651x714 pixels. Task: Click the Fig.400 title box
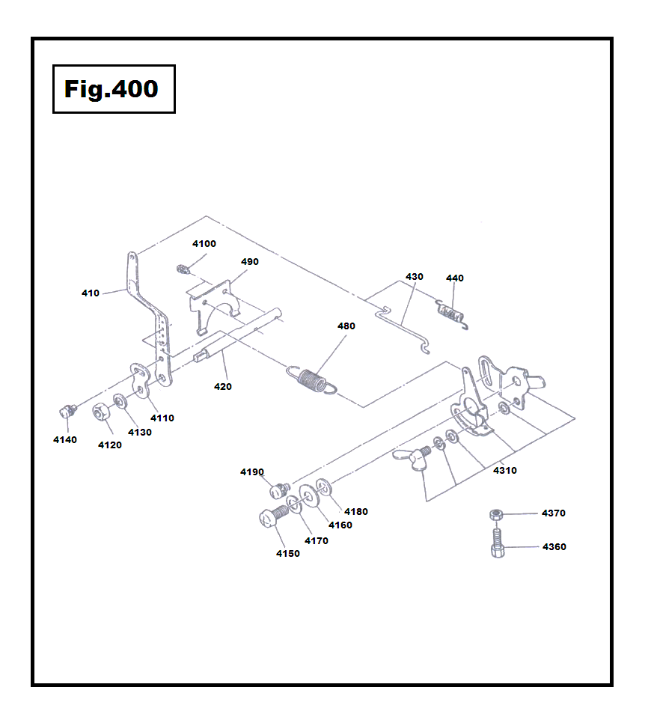click(114, 89)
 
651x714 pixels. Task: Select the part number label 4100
click(204, 244)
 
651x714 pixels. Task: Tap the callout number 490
click(249, 262)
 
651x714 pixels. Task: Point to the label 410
click(91, 293)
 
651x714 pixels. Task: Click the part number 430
click(414, 277)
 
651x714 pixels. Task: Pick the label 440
click(454, 278)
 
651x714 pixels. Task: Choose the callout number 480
click(346, 326)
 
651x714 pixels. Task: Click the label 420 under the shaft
click(222, 387)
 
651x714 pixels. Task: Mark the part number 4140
click(64, 440)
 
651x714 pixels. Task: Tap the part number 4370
click(553, 513)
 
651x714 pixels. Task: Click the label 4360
click(553, 547)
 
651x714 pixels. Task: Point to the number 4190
click(252, 472)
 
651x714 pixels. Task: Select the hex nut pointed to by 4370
click(495, 515)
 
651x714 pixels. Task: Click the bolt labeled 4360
click(498, 544)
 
